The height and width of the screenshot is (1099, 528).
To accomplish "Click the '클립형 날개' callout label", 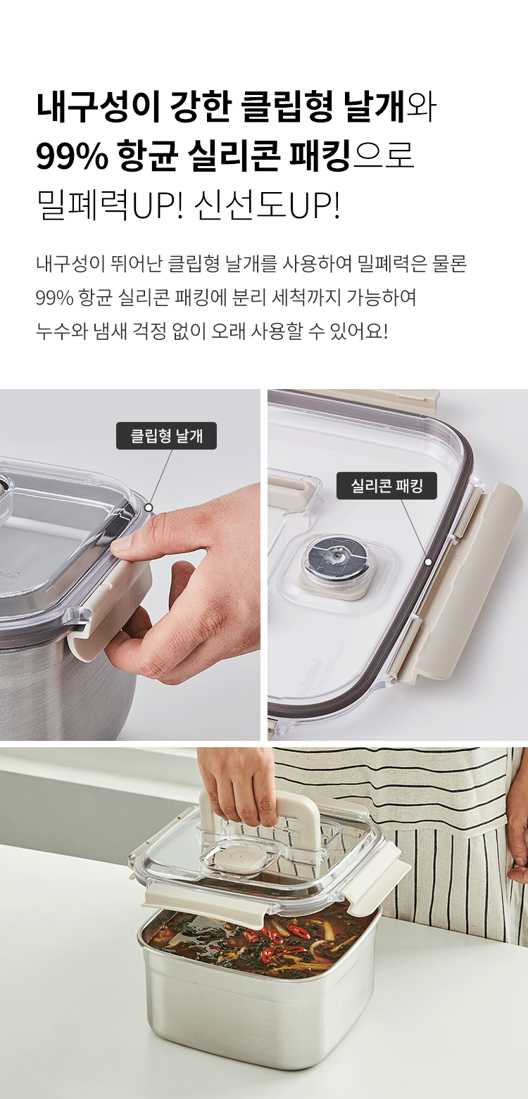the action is click(166, 436).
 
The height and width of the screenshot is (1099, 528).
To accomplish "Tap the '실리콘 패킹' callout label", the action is click(386, 485).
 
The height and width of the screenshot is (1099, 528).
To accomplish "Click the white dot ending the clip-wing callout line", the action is click(149, 507).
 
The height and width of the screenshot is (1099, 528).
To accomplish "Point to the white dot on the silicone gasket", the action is click(429, 562).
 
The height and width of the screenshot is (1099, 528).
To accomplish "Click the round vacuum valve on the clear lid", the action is click(330, 559).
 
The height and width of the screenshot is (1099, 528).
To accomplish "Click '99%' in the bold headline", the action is click(72, 156).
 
